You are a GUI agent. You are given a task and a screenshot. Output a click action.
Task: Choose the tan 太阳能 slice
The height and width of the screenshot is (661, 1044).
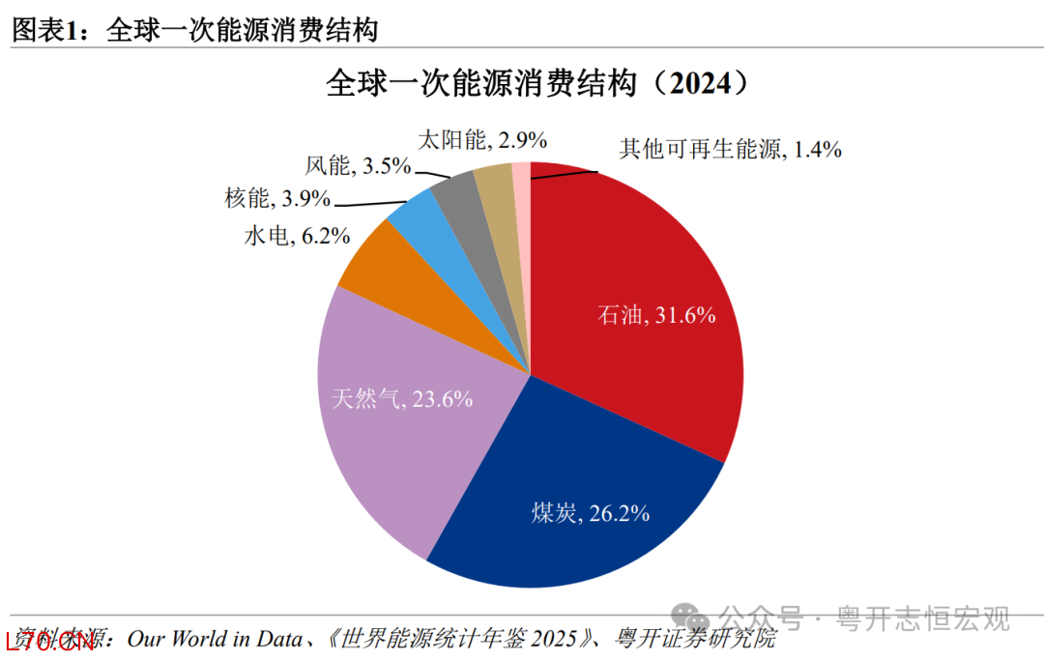[x=494, y=184]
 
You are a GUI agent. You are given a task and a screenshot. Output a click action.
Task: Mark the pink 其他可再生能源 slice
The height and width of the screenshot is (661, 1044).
[x=521, y=179]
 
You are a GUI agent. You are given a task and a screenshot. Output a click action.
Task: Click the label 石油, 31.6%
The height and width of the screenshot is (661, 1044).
[x=657, y=314]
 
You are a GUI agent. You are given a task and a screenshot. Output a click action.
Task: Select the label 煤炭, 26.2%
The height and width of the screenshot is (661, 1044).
[x=590, y=513]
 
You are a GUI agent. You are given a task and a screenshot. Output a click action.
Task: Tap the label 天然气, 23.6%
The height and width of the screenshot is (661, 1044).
[x=402, y=397]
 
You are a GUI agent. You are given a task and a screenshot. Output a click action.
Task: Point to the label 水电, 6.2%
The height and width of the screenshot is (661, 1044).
[x=297, y=235]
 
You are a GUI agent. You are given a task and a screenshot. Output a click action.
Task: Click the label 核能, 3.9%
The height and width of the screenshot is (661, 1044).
[x=277, y=199]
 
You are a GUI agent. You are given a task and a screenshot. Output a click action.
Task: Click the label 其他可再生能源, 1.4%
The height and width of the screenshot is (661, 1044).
[x=730, y=149]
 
